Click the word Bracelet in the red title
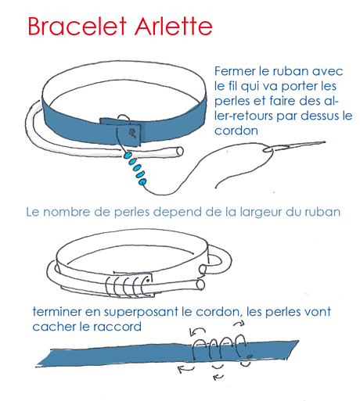(x=74, y=26)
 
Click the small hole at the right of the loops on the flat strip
(x=248, y=356)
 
